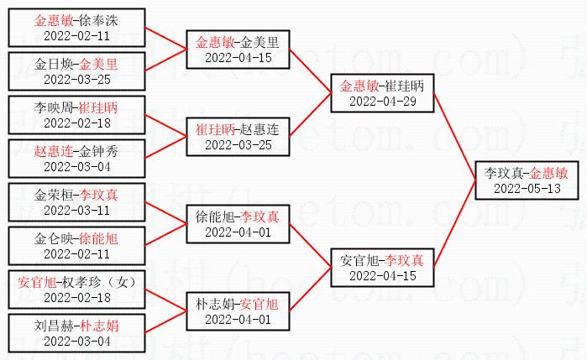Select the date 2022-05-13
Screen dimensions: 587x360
point(526,188)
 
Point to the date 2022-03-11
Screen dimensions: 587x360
point(76,210)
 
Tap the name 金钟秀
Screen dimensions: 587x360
point(99,152)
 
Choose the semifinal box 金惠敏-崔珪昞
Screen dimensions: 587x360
point(382,93)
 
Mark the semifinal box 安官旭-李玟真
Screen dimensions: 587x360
point(382,267)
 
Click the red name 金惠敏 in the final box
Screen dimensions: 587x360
point(549,172)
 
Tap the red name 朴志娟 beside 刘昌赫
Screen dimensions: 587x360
point(99,326)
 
